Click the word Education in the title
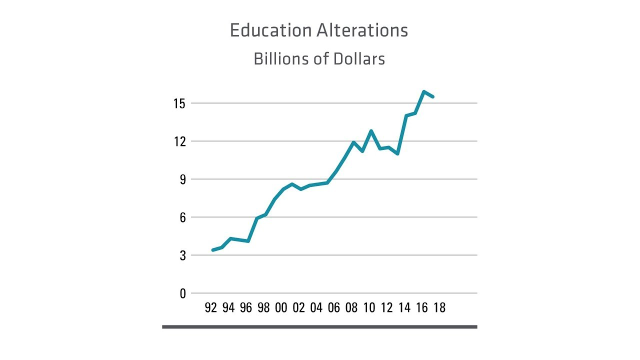pos(270,30)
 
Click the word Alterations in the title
pos(363,30)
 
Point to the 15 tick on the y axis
pos(179,103)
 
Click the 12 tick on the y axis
pos(179,141)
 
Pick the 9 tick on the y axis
pos(182,179)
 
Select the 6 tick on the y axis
pos(182,217)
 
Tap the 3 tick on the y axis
pos(182,255)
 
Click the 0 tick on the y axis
pos(182,293)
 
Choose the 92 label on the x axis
pos(211,307)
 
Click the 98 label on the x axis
pos(263,307)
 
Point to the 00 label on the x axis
pos(281,307)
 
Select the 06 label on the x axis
pos(334,307)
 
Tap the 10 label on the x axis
pos(369,307)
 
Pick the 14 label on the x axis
pos(404,307)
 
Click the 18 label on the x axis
pos(439,307)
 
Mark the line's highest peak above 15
pos(424,91)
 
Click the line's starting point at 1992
pos(213,250)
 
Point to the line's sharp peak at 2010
pos(371,131)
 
